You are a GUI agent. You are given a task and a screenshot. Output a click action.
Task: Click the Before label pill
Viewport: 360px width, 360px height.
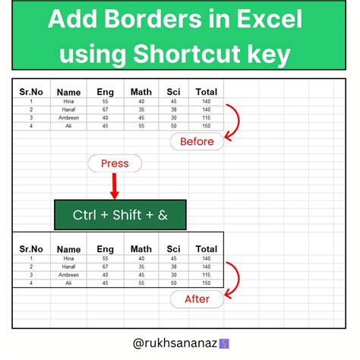coord(197,141)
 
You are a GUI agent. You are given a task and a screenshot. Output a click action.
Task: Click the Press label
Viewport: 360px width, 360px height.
coord(115,163)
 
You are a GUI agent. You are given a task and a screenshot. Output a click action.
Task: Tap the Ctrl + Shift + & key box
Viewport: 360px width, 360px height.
coord(121,215)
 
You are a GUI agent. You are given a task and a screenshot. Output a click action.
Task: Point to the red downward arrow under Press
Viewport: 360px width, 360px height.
coord(115,187)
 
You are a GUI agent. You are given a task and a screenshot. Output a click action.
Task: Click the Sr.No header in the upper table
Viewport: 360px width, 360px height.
coord(31,92)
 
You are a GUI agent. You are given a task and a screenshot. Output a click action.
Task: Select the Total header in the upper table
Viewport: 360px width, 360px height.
coord(206,92)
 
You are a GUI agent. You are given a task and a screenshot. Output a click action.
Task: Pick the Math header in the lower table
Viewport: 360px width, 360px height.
coord(141,248)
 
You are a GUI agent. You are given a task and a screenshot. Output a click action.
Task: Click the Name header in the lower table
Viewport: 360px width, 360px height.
coord(68,249)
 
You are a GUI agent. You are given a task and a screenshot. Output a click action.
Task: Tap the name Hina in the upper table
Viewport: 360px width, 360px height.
coord(68,101)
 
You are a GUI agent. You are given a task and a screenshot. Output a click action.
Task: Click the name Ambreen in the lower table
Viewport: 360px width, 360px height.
coord(68,275)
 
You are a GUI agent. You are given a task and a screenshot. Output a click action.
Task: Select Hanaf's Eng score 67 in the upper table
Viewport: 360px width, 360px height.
coord(106,109)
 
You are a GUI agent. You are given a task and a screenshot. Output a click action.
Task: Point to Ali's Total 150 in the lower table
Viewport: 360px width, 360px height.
coord(206,283)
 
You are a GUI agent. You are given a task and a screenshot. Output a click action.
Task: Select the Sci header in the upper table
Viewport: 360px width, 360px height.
coord(174,92)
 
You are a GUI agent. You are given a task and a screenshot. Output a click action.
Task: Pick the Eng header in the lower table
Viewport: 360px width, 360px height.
coord(106,248)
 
